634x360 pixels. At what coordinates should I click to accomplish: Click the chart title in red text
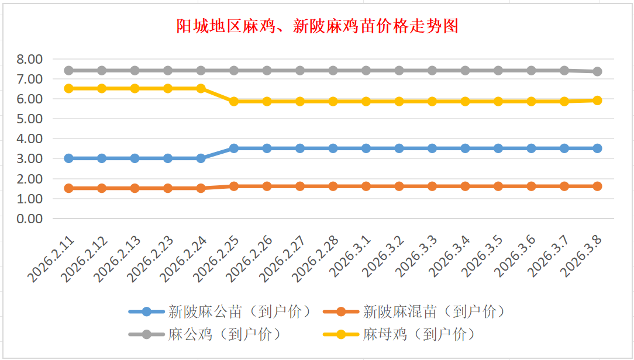(x=317, y=26)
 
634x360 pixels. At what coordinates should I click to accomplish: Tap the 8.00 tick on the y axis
(x=30, y=59)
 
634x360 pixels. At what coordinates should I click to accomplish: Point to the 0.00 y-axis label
(x=30, y=219)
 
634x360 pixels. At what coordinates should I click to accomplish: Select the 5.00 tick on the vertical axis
(x=30, y=119)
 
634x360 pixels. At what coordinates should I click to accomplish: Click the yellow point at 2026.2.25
(x=234, y=101)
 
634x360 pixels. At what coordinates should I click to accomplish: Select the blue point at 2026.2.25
(x=234, y=148)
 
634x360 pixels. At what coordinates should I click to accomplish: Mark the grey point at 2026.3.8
(x=598, y=71)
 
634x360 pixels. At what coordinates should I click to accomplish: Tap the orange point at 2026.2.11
(x=68, y=188)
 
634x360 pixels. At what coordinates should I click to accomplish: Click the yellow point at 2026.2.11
(x=68, y=88)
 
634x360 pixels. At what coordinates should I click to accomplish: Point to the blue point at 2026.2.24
(x=201, y=158)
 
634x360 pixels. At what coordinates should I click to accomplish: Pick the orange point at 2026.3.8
(x=598, y=186)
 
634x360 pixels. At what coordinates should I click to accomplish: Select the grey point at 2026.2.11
(x=68, y=70)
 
